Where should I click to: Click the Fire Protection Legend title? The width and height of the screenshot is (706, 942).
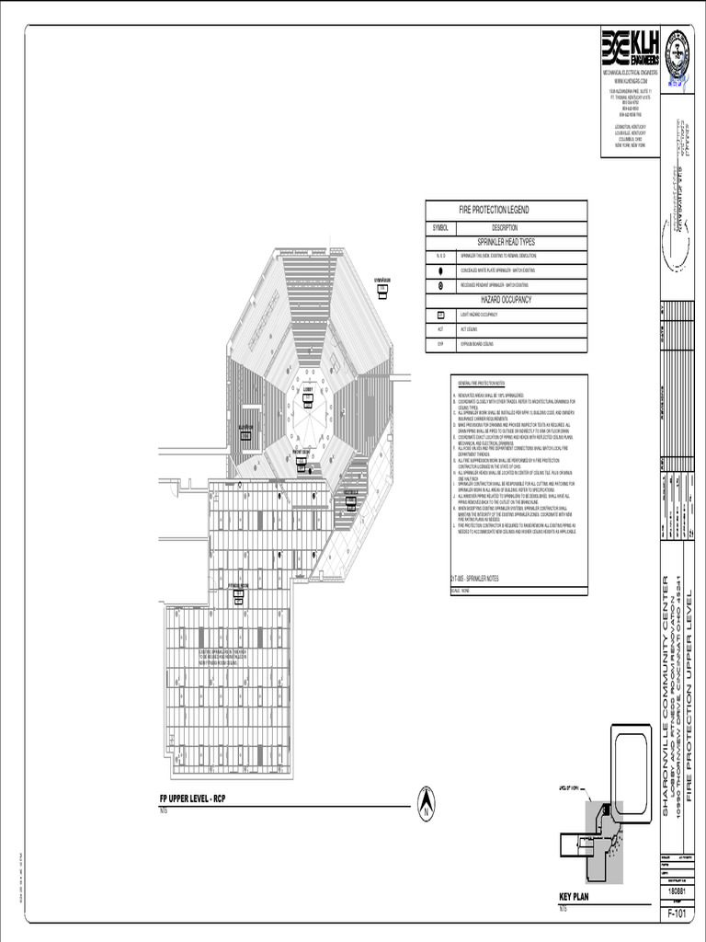pos(494,210)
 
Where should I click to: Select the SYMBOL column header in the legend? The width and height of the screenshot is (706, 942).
pos(440,227)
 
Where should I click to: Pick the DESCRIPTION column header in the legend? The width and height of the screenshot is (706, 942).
pos(505,227)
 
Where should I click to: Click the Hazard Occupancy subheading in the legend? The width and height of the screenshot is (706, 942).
pos(506,300)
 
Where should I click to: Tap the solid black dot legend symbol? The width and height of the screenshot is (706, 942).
pos(440,270)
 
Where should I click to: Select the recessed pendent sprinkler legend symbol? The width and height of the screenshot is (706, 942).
pos(440,285)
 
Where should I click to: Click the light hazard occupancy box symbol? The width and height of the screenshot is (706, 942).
pos(440,314)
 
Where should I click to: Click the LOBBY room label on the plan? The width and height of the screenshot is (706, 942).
pos(308,389)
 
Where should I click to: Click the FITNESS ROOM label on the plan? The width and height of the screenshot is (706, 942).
pos(239,586)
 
